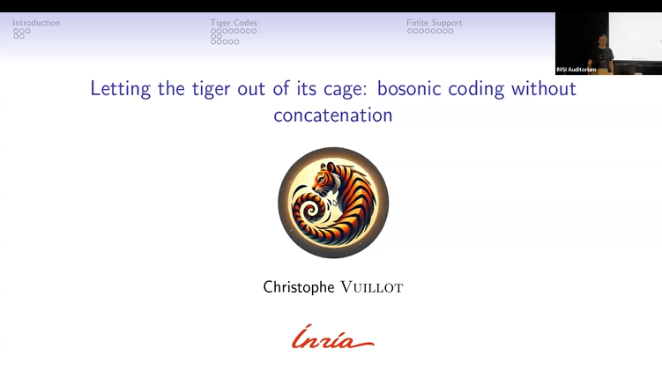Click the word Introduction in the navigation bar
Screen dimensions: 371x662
coord(36,23)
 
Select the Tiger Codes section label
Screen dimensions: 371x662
coord(234,23)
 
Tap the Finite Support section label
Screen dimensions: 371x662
coord(434,23)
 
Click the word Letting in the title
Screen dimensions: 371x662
coord(118,89)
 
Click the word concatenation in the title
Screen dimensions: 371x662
coord(332,115)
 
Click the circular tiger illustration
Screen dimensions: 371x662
coord(333,202)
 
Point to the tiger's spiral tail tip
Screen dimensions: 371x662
coord(311,216)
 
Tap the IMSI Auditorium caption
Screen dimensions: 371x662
coord(576,70)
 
